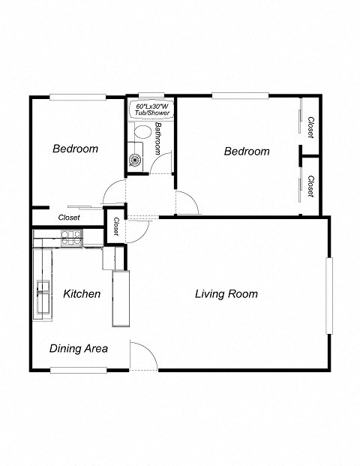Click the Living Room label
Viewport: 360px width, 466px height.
[226, 293]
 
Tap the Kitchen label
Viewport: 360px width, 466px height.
[82, 293]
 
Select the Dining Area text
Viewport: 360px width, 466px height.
[79, 348]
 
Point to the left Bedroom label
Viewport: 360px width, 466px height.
[75, 149]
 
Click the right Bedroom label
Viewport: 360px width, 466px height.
[247, 151]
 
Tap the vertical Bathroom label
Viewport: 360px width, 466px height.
[158, 138]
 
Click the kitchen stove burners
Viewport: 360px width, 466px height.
[70, 238]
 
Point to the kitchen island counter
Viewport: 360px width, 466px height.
[120, 298]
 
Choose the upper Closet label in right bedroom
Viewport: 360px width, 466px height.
[310, 126]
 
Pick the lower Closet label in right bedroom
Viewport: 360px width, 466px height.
[310, 185]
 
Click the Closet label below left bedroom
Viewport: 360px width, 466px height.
[69, 218]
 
